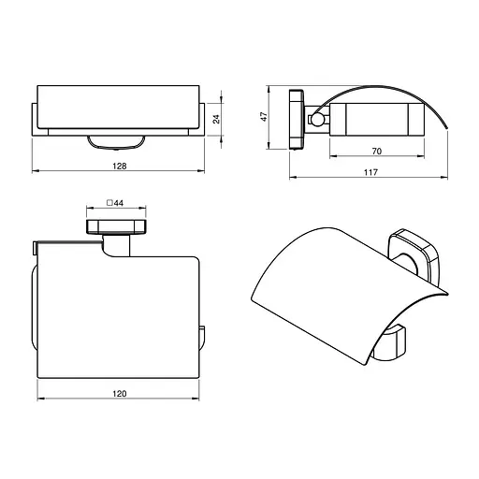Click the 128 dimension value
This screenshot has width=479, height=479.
(120, 166)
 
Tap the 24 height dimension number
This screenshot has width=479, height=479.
(216, 119)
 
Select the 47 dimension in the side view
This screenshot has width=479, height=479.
(264, 116)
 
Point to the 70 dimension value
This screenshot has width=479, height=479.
(377, 152)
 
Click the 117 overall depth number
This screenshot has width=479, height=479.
(370, 172)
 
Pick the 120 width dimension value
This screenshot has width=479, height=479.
(120, 394)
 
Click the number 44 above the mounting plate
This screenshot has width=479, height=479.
(119, 203)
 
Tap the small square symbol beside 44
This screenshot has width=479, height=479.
(109, 203)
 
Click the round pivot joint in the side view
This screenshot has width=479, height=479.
(318, 119)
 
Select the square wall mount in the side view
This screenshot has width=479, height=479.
(297, 119)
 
